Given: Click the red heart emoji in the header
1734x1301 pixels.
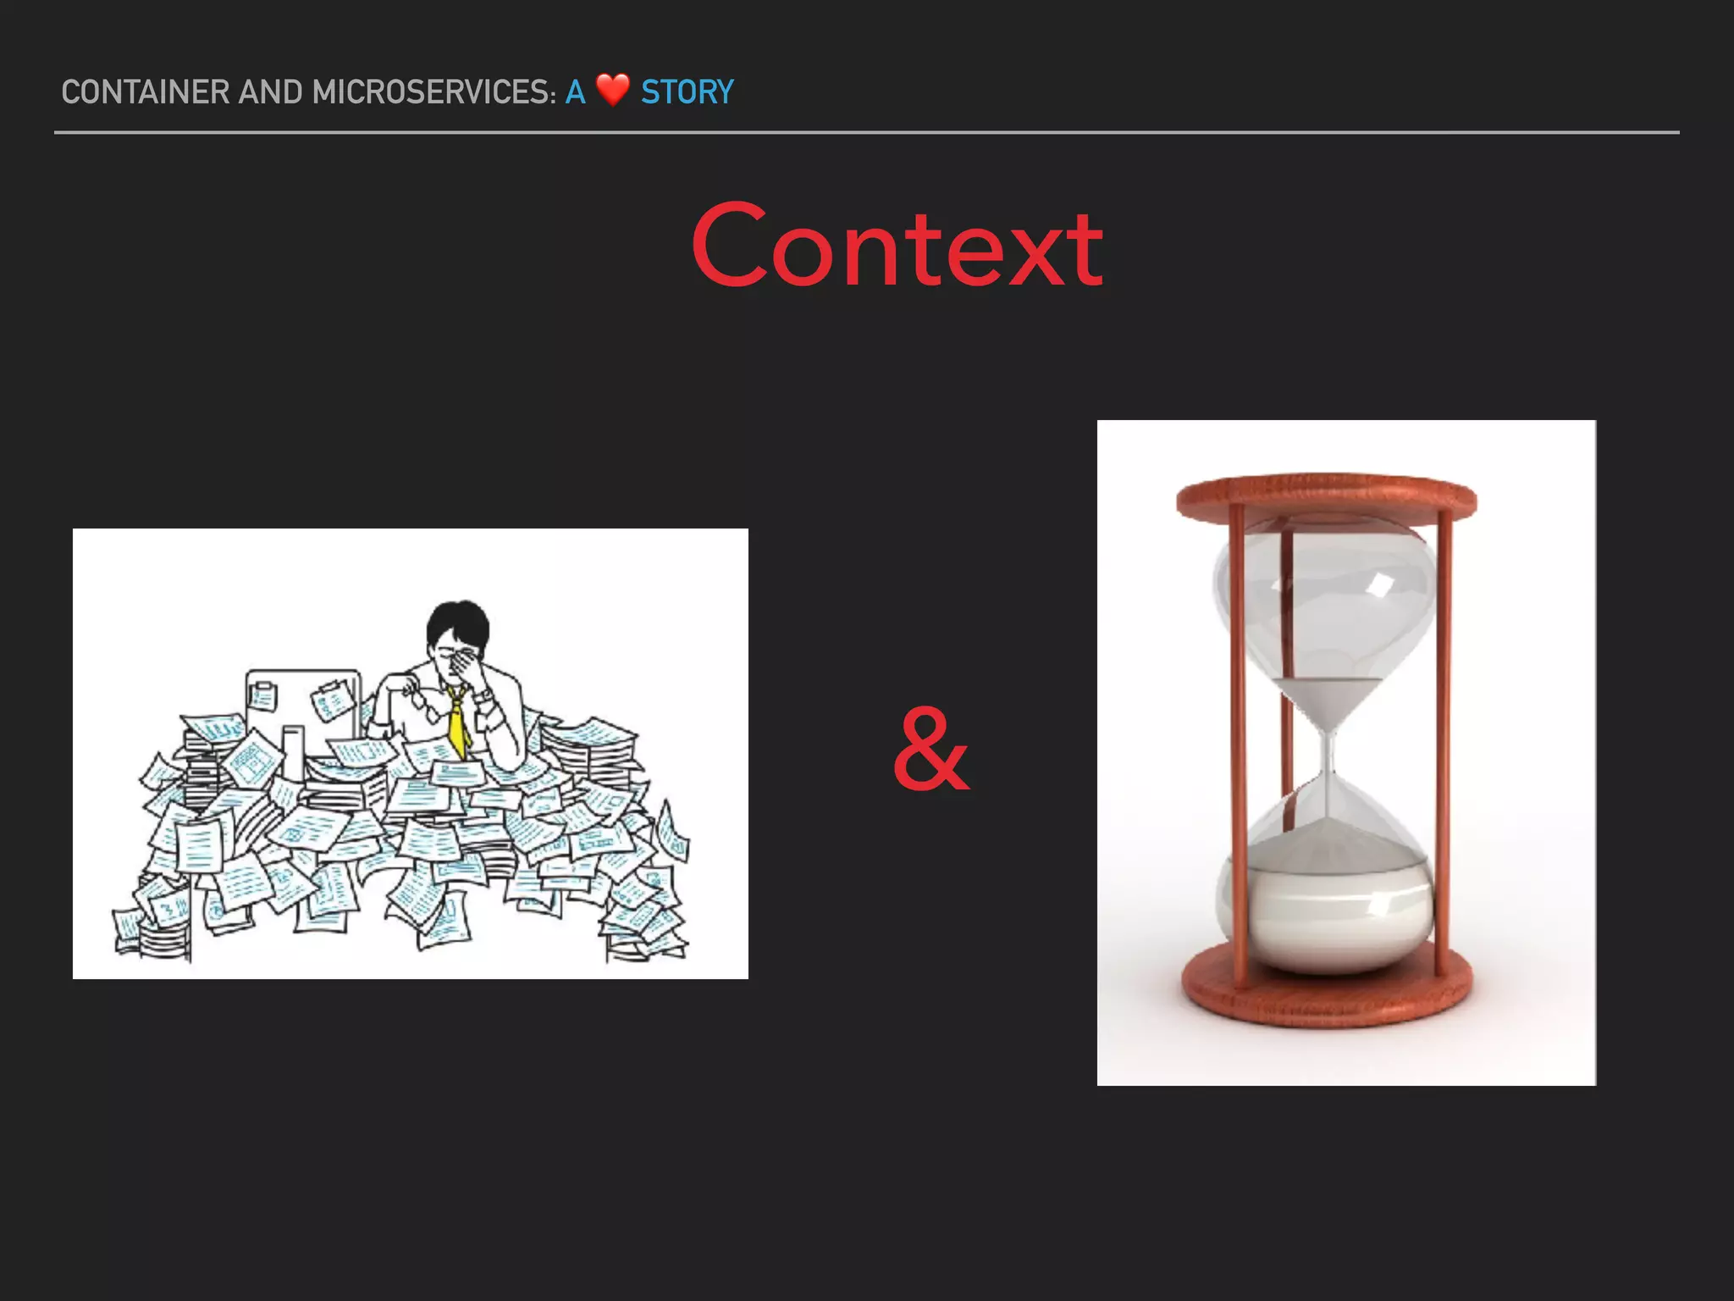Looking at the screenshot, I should (612, 90).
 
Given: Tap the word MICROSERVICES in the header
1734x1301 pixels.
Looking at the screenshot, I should (433, 92).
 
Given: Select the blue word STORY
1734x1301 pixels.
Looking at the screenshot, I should (687, 92).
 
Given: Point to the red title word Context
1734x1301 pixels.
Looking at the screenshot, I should (897, 246).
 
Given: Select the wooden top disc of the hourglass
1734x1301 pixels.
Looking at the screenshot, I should (1326, 494).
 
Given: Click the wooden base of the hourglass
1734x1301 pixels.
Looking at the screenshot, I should (1327, 991).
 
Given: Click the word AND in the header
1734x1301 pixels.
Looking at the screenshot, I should (270, 92).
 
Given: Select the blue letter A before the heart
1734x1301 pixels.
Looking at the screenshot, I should (576, 92).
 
